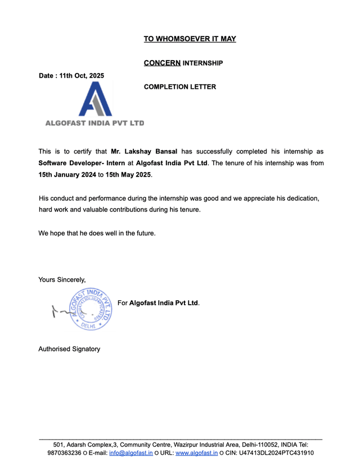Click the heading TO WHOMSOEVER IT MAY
[190, 39]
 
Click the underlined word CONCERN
[162, 63]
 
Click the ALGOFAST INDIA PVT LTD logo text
[94, 123]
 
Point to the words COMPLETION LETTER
[179, 87]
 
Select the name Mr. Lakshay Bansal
[144, 152]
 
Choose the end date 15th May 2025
[128, 174]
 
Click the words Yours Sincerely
[62, 279]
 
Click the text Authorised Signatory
[69, 349]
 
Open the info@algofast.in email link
[130, 453]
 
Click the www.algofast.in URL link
[196, 453]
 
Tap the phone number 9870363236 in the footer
[65, 453]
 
